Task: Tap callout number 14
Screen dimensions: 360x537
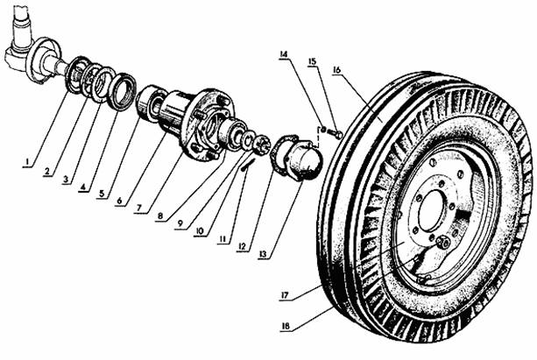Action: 283,55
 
